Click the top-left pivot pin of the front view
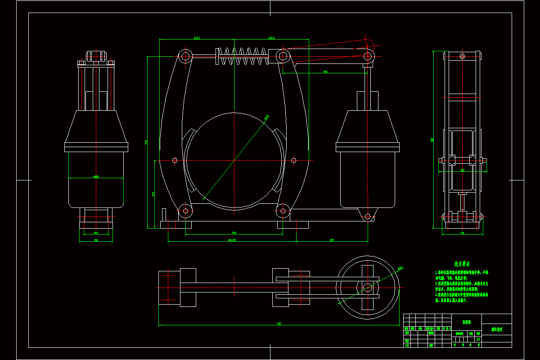(x=185, y=57)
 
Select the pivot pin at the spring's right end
(x=283, y=56)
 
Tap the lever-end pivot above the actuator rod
(x=368, y=56)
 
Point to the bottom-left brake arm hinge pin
(x=185, y=211)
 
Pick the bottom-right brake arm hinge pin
(x=283, y=211)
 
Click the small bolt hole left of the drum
(x=175, y=160)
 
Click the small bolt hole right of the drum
(x=294, y=160)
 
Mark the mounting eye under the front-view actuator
(x=368, y=217)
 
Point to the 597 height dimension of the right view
(x=432, y=140)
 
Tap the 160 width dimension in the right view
(x=462, y=170)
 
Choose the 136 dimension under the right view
(x=462, y=233)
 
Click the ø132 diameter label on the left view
(x=96, y=177)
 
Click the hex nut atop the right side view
(x=462, y=56)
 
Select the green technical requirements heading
(x=462, y=264)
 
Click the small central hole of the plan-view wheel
(x=368, y=287)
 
